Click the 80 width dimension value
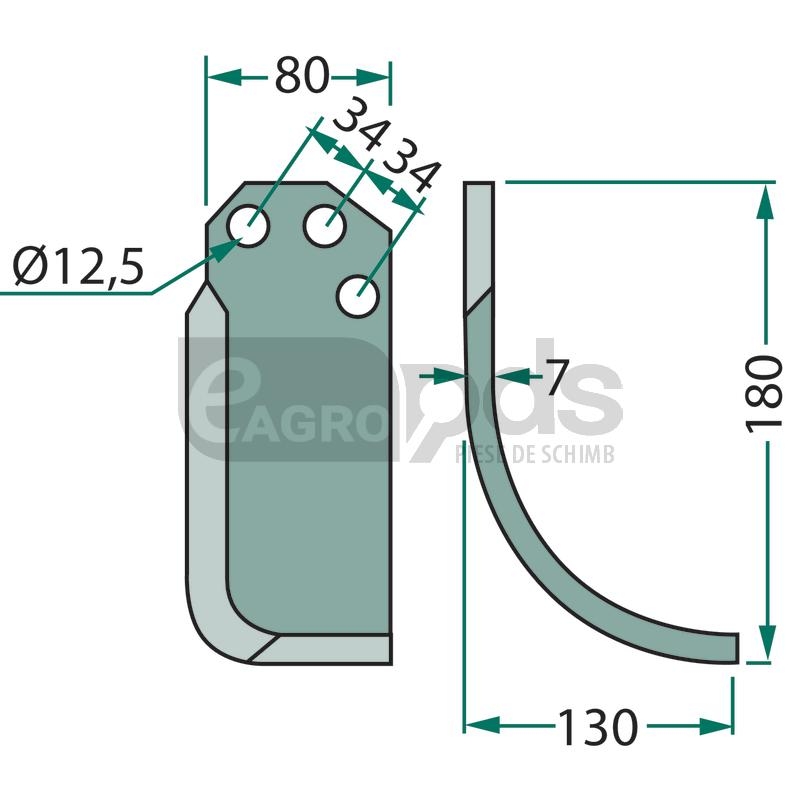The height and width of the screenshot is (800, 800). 302,76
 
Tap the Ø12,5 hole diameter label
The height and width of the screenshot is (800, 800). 79,266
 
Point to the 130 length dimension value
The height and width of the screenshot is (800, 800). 597,727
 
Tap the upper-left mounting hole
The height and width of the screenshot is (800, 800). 248,226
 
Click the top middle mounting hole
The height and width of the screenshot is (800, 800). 325,226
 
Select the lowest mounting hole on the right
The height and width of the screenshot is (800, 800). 358,296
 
